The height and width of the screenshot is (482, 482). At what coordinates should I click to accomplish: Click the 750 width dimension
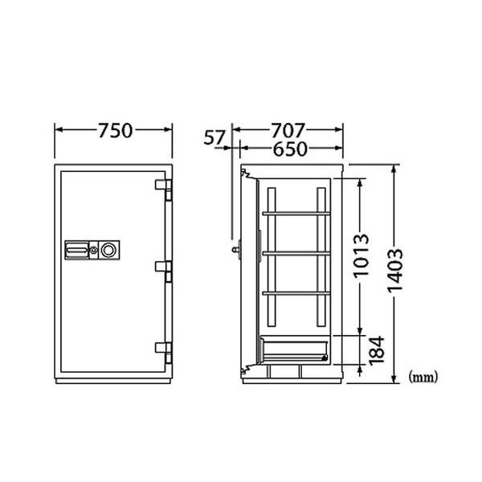coord(115,130)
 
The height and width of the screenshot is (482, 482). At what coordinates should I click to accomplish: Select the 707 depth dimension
coord(288,130)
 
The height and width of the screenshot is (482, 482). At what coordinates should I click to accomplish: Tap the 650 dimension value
coord(290,149)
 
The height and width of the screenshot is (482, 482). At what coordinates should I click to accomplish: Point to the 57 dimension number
coord(214,137)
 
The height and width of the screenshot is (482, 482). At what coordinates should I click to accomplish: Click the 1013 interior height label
coord(361,256)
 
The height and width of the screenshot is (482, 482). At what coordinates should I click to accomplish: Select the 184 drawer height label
coord(377,351)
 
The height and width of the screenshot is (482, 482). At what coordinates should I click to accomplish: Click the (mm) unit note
coord(423,377)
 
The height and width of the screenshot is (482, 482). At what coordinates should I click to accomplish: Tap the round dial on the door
coord(108,250)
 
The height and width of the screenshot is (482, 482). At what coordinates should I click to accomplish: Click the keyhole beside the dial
coord(93,250)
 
